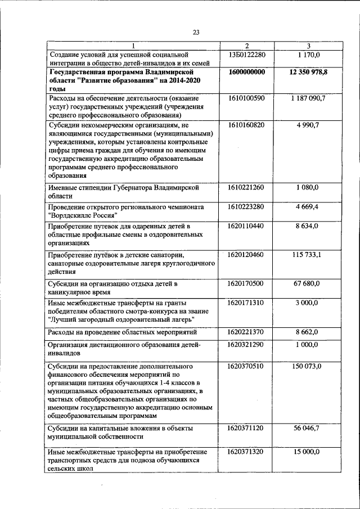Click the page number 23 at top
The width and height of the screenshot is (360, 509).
pos(196,33)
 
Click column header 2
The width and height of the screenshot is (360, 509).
pos(247,46)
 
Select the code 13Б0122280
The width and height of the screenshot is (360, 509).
pos(247,55)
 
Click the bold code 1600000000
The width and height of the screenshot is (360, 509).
pos(247,73)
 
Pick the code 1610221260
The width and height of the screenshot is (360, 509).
pos(247,187)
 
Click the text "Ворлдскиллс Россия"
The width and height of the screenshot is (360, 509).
pos(83,216)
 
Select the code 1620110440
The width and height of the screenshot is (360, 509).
pos(247,226)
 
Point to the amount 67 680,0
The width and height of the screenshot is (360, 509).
pos(309,283)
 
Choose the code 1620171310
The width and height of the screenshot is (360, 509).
pos(247,303)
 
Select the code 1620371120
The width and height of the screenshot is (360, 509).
pos(247,429)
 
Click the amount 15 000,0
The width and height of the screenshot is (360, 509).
pos(309,452)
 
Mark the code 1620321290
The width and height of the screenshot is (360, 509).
pos(247,344)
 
